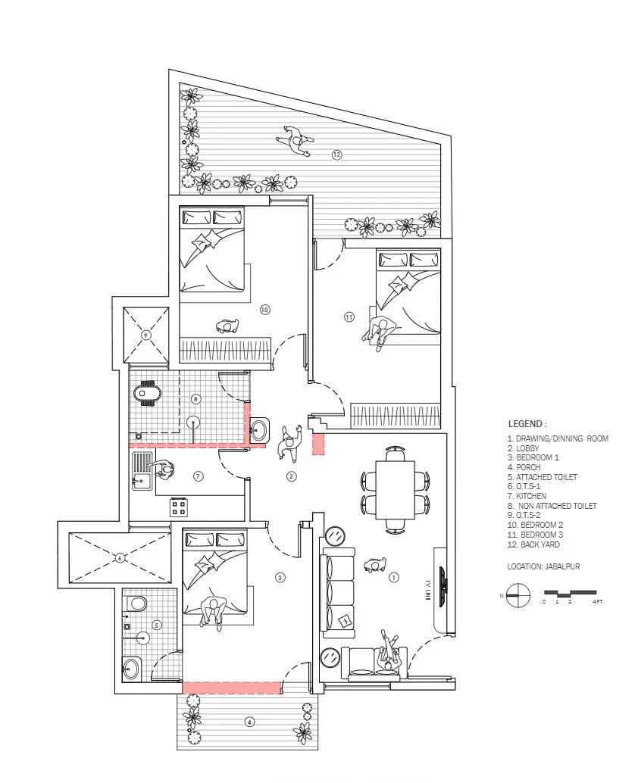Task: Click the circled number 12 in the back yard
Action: pos(336,154)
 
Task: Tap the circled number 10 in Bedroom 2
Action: pos(264,309)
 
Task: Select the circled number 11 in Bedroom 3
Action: pos(349,317)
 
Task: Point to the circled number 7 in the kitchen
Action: pos(199,476)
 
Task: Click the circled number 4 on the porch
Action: pos(249,722)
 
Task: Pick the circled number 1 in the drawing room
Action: pos(393,577)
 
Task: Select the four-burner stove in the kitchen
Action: pos(179,506)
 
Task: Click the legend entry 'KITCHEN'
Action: pos(531,496)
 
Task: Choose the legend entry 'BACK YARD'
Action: pos(535,544)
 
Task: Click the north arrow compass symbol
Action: pos(516,594)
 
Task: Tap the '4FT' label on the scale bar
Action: pos(598,601)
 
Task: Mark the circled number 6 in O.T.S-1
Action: pos(119,558)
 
